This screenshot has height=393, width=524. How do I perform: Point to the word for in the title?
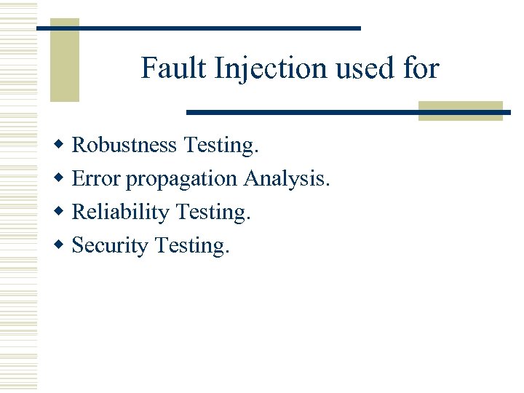pyautogui.click(x=421, y=68)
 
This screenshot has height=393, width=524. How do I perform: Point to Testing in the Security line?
pyautogui.click(x=192, y=246)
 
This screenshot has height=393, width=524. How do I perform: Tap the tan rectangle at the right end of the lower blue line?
pyautogui.click(x=460, y=111)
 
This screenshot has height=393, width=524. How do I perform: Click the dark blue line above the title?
pyautogui.click(x=198, y=28)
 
